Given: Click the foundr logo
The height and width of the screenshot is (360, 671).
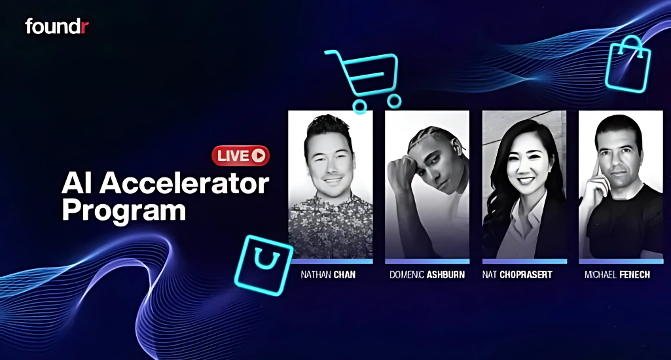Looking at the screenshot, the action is coord(57,26).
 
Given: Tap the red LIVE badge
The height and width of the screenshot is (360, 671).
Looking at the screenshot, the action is coord(240,156).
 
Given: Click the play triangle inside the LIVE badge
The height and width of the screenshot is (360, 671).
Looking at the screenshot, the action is coord(259,156).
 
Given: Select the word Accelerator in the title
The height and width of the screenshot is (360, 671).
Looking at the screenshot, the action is coord(185,184).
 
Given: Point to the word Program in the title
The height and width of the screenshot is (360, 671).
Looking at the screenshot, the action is coord(124,211).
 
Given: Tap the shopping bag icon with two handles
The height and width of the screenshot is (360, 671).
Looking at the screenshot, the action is coord(628,63).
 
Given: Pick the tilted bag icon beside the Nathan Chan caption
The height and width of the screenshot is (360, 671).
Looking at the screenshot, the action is coord(263,265).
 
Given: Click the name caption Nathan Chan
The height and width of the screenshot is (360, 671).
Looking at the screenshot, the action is coord(328,275).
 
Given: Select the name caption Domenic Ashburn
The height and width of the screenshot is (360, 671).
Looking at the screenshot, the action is coord(427,275).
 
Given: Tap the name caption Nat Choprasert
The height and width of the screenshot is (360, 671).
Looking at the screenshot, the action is coord(517,275).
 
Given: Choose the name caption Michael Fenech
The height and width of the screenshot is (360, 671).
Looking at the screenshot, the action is coord(617,275).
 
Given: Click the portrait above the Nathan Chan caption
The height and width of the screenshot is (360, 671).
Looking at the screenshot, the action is coord(331,185).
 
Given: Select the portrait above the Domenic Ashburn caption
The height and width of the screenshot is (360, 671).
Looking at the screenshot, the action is coord(427,185).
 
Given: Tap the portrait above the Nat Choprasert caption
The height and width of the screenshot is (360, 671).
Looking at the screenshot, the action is coord(524,185).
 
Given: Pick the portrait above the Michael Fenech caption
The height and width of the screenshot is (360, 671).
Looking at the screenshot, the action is coord(621,185).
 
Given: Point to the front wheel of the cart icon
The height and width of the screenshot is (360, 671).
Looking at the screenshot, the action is coord(394,101).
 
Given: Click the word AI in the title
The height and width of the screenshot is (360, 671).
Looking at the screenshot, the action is coord(77,184).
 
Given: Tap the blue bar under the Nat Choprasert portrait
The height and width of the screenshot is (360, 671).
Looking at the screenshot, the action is coord(524,261).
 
